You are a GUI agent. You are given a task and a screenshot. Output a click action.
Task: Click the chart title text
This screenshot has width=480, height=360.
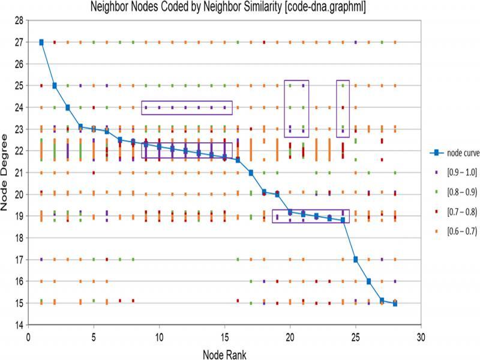click(239, 8)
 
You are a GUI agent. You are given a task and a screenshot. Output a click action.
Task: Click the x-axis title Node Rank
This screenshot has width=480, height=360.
click(224, 354)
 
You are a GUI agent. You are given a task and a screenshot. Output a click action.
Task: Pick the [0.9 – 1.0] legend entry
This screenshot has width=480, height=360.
click(454, 172)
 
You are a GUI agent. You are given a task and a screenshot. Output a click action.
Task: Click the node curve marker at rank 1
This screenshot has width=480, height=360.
click(41, 42)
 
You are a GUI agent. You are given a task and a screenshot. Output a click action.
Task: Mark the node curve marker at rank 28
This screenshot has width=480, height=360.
click(395, 304)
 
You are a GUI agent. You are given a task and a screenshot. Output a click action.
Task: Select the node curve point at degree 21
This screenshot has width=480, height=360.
click(251, 173)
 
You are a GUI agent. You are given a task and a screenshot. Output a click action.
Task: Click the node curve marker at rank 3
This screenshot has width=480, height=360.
click(68, 107)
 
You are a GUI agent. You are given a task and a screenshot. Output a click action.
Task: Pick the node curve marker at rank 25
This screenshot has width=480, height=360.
click(356, 260)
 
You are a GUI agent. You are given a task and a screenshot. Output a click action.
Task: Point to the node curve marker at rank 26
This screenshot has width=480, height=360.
click(369, 281)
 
